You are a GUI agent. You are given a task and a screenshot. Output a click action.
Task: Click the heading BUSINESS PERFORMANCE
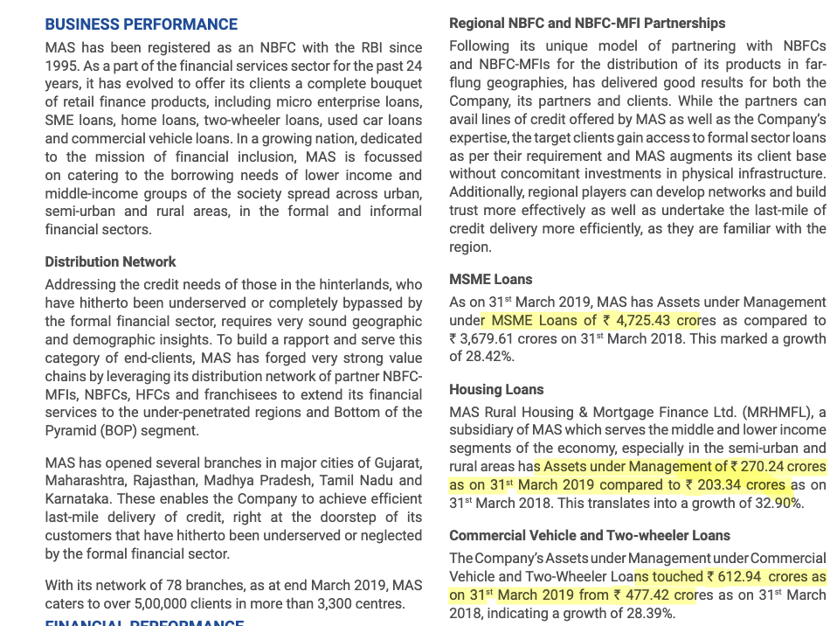pyautogui.click(x=141, y=24)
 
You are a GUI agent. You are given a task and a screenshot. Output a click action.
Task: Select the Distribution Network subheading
pyautogui.click(x=110, y=261)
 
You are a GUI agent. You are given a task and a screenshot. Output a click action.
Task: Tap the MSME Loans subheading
pyautogui.click(x=490, y=279)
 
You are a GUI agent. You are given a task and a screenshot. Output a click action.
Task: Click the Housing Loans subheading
pyautogui.click(x=496, y=389)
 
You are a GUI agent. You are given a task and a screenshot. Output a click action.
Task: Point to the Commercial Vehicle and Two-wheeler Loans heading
pyautogui.click(x=590, y=535)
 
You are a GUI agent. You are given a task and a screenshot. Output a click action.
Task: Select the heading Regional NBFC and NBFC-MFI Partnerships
pyautogui.click(x=587, y=23)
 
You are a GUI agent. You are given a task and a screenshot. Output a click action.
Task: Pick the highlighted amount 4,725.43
pyautogui.click(x=644, y=320)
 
